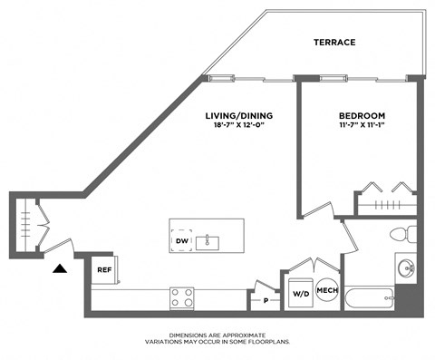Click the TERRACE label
pyautogui.click(x=334, y=43)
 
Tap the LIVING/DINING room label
pyautogui.click(x=239, y=116)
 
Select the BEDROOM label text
pyautogui.click(x=362, y=116)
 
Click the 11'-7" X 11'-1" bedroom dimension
pyautogui.click(x=362, y=126)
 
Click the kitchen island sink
pyautogui.click(x=210, y=241)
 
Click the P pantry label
pyautogui.click(x=266, y=298)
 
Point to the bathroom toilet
pyautogui.click(x=402, y=234)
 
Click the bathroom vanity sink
pyautogui.click(x=407, y=268)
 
